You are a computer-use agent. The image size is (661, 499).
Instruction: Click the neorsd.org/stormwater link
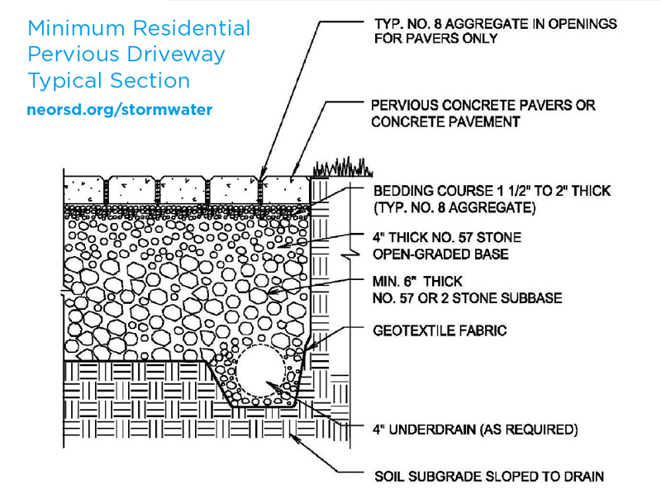pos(119,110)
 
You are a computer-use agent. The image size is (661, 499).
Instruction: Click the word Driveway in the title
pos(176,55)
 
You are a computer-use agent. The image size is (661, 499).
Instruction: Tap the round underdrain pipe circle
pos(260,371)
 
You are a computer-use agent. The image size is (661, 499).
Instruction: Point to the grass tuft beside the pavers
pos(342,168)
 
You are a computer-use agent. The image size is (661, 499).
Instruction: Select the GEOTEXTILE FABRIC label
pos(440,330)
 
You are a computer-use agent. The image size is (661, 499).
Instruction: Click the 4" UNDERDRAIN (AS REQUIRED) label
pos(475,430)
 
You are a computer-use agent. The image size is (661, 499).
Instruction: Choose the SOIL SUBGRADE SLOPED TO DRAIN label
pos(489,477)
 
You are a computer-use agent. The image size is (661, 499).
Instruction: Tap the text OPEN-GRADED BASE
pos(440,254)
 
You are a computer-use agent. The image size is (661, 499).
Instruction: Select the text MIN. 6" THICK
pos(417,281)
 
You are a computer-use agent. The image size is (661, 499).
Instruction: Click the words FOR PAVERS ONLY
pos(436,38)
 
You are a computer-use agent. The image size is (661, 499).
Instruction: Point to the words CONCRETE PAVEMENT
pos(445,121)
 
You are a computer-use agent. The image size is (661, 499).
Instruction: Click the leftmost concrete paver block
pos(84,191)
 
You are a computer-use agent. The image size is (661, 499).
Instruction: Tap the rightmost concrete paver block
pos(287,191)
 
